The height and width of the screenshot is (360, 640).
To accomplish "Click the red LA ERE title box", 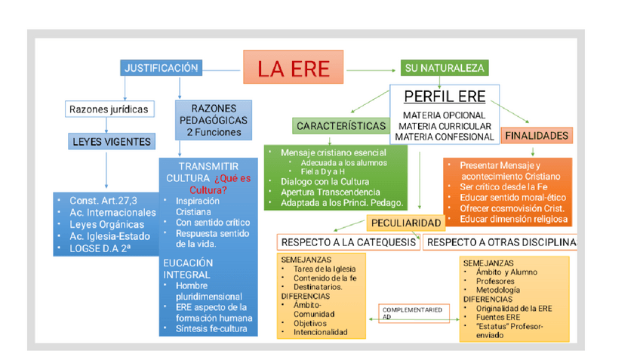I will [x=294, y=68].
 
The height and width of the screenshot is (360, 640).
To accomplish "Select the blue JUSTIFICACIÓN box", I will [x=161, y=68].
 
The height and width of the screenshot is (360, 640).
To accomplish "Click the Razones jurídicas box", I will [x=109, y=109].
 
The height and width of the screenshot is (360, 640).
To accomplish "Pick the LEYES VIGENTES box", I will [x=112, y=141].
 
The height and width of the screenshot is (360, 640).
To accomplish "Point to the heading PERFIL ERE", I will [x=445, y=96].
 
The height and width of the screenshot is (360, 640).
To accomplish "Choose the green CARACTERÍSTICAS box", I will [x=337, y=125].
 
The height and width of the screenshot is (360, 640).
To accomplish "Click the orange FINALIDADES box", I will [x=536, y=136].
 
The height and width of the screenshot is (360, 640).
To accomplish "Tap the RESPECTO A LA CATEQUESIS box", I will [x=348, y=242].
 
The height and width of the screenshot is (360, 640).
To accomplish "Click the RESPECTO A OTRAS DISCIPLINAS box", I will [x=500, y=242].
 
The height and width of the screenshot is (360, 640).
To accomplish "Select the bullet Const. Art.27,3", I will [x=103, y=202].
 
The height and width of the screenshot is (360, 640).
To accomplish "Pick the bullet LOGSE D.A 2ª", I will [x=100, y=246].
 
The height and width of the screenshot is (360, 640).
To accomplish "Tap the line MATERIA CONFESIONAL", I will [x=444, y=136].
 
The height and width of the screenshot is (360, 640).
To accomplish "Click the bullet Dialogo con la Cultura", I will [x=325, y=182].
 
